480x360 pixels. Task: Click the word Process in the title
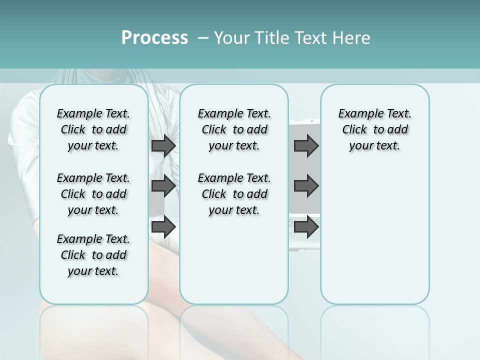[x=154, y=37]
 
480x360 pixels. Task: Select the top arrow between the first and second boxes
[x=163, y=145]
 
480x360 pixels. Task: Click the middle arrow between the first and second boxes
[x=163, y=186]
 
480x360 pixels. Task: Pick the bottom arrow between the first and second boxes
[x=163, y=227]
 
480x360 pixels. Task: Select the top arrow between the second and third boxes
[x=306, y=145]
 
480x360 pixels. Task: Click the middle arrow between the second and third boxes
[x=306, y=186]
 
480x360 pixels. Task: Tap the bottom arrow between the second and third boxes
[x=306, y=227]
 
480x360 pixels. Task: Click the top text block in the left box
[x=93, y=129]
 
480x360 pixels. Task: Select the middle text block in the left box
[x=93, y=194]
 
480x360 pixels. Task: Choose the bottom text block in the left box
[x=93, y=255]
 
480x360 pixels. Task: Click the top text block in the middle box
[x=234, y=129]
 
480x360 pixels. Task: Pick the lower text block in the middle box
[x=234, y=194]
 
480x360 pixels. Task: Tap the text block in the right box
[x=374, y=129]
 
